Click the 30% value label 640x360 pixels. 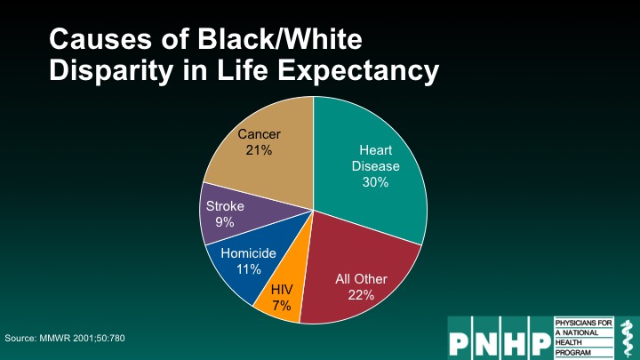(x=375, y=182)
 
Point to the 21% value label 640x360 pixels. (x=259, y=150)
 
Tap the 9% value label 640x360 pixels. (x=225, y=222)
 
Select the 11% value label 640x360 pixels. (x=249, y=269)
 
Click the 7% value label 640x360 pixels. (x=282, y=305)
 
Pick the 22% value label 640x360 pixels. (x=361, y=295)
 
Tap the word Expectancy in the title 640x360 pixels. (x=358, y=71)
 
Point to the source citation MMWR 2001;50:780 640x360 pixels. (x=82, y=338)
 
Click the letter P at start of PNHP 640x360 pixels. (x=460, y=343)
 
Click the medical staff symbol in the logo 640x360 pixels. (x=626, y=339)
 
